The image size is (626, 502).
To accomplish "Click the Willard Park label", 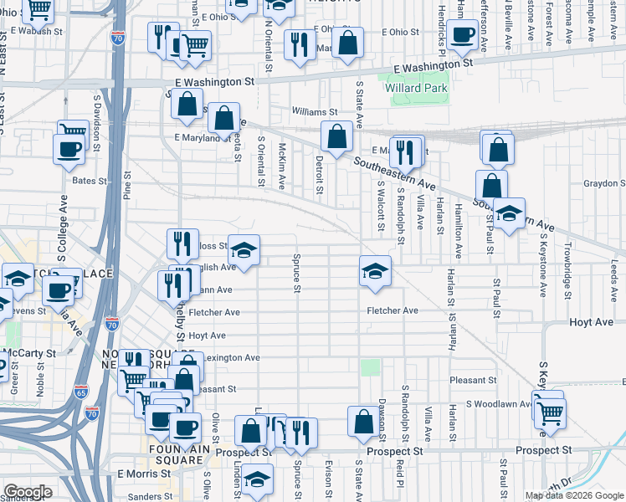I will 417,88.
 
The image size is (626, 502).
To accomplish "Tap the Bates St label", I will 90,181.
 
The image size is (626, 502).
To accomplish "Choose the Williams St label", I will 314,111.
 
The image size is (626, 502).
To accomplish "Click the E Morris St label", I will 144,473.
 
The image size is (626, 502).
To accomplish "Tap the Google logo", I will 27,492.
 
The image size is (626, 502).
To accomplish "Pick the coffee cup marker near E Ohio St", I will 461,35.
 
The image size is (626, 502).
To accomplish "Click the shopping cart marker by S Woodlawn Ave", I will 550,412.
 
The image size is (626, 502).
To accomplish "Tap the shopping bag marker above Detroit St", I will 336,136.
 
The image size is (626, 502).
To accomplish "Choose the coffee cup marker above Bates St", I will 69,150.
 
